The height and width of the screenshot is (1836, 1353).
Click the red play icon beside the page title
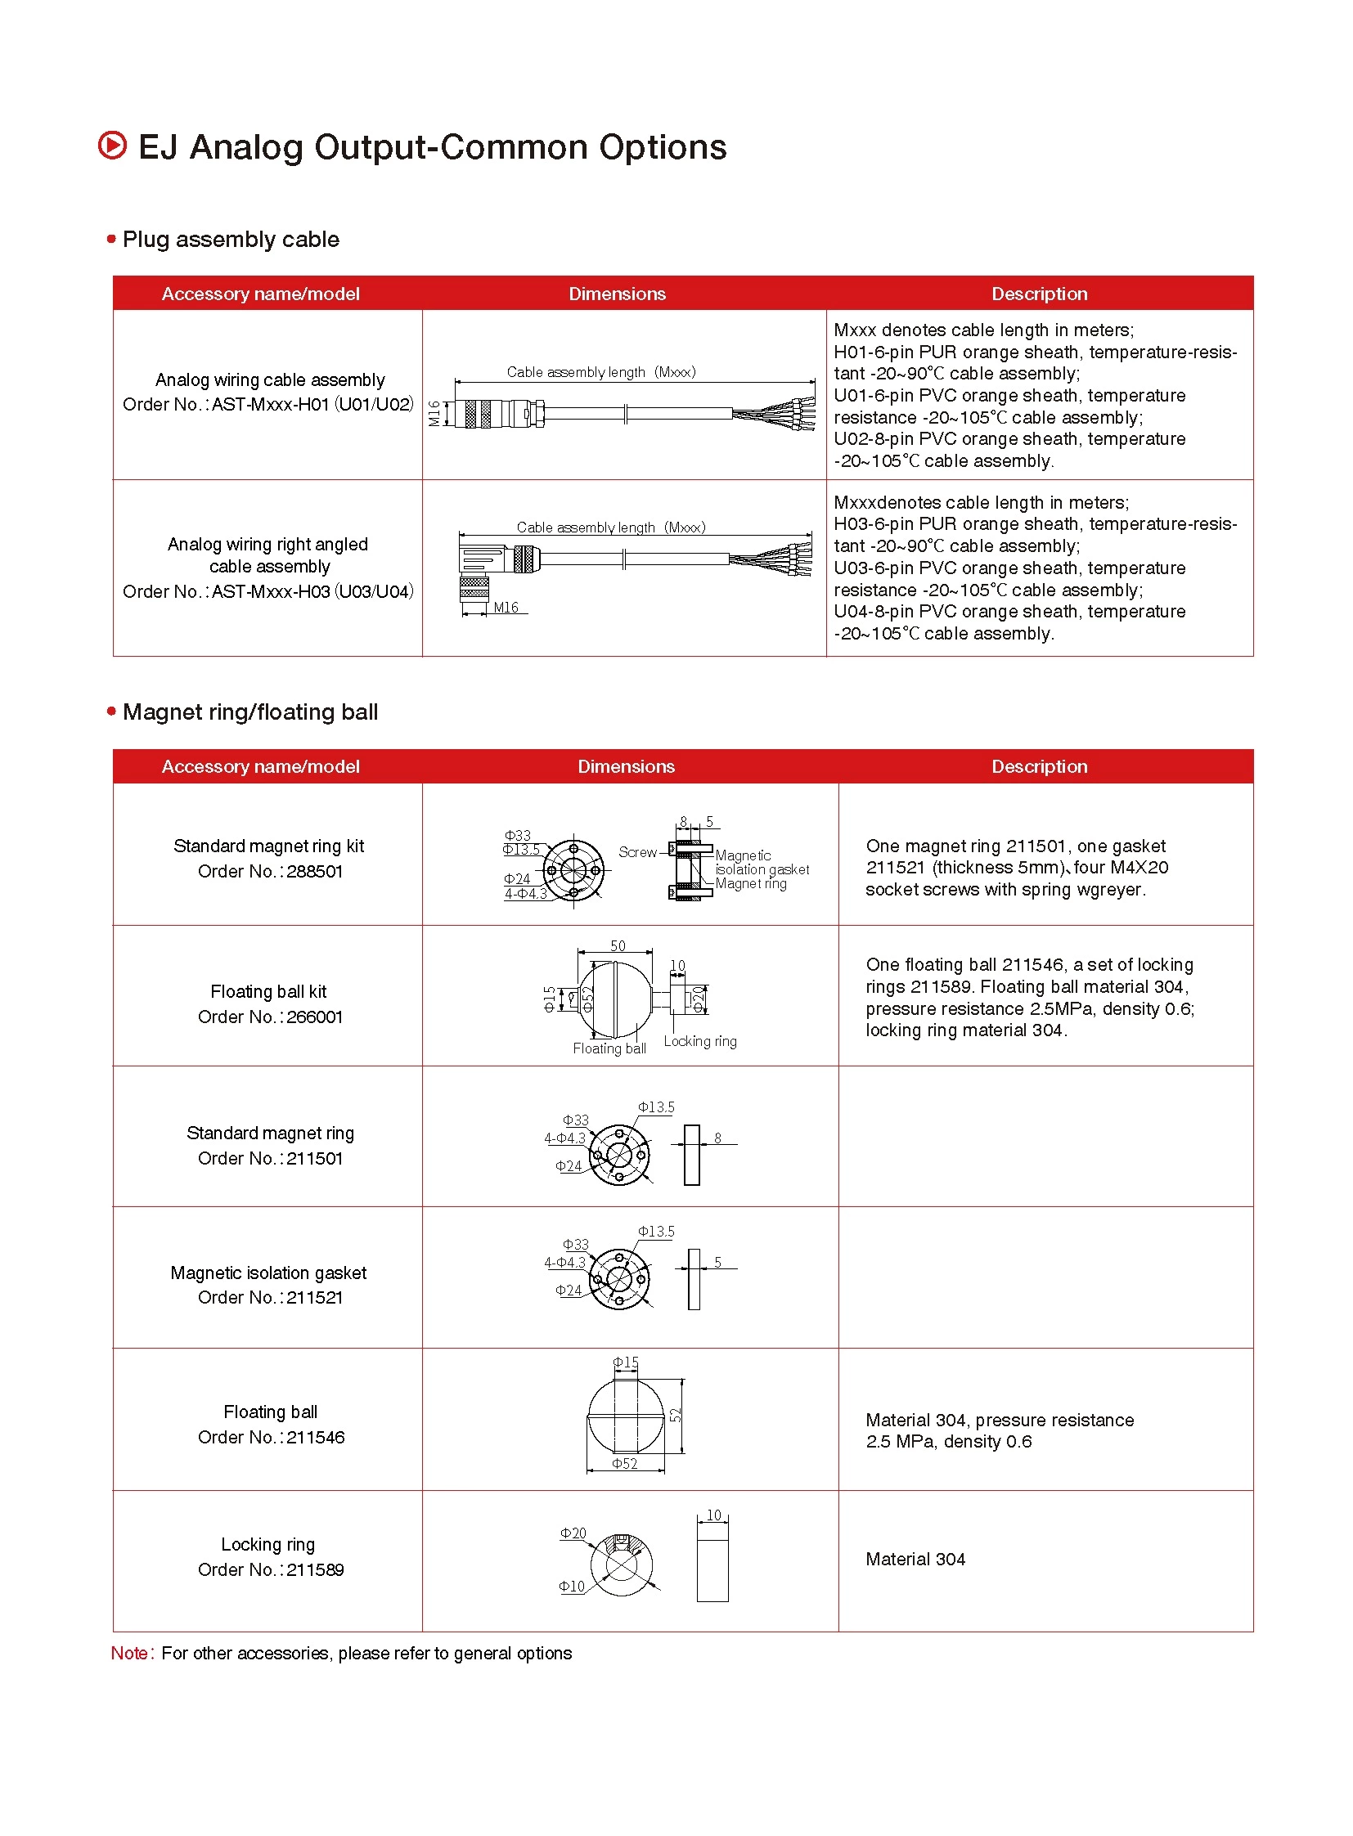(x=112, y=146)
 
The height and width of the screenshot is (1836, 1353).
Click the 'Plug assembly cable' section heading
(x=230, y=239)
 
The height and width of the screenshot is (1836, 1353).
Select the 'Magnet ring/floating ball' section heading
(x=249, y=712)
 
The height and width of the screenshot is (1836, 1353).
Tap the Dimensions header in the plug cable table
(x=617, y=293)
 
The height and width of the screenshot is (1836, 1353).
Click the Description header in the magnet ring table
(x=1039, y=765)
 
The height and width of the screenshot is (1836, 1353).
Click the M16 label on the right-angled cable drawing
(x=506, y=608)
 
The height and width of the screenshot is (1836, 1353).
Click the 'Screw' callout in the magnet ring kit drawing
(x=637, y=851)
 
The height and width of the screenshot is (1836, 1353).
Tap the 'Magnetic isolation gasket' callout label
(x=761, y=862)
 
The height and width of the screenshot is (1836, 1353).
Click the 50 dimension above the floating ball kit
(x=618, y=946)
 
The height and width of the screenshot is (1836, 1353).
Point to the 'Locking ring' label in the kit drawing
(x=699, y=1041)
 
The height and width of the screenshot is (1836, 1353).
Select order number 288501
(x=314, y=871)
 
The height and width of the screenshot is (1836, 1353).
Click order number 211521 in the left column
(x=314, y=1297)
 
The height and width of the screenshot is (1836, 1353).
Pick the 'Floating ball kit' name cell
(x=267, y=991)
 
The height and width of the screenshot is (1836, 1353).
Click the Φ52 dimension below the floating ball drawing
(x=624, y=1463)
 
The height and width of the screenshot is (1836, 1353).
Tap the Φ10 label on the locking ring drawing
(x=572, y=1587)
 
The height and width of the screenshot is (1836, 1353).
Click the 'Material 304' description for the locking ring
(x=915, y=1560)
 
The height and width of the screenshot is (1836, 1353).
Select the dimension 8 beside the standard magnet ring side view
(x=717, y=1138)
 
